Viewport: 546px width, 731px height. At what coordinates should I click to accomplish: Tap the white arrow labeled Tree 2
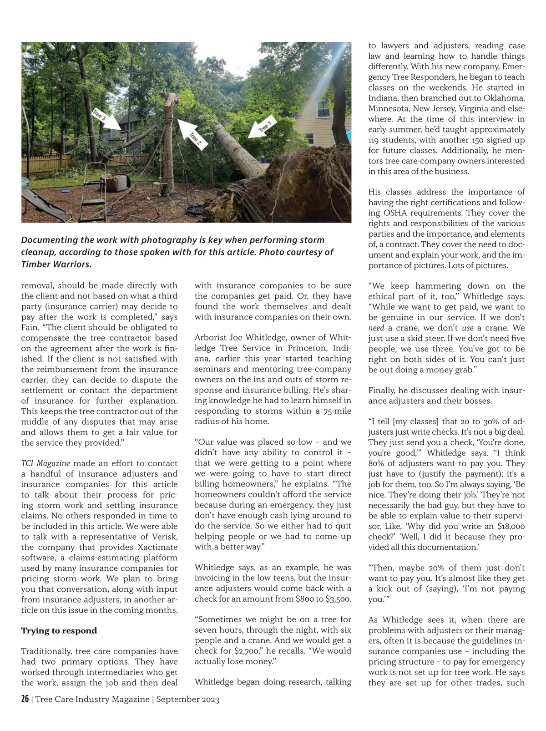[191, 133]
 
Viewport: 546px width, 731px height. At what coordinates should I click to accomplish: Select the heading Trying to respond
[59, 630]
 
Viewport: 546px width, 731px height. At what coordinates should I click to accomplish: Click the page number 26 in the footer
[25, 699]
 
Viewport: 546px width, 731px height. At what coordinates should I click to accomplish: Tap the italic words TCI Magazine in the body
[45, 463]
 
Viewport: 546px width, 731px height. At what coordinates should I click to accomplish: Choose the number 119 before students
[374, 140]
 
